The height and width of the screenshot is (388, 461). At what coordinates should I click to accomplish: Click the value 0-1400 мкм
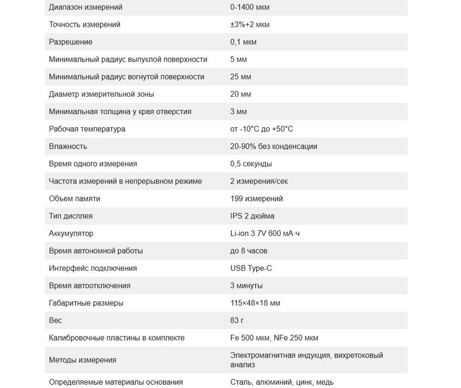coord(249,7)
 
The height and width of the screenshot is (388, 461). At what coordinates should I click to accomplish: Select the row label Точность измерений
coord(84,25)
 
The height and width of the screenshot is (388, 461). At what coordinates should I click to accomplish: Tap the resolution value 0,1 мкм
coord(243,42)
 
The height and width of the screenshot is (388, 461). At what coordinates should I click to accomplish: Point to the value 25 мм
coord(240,77)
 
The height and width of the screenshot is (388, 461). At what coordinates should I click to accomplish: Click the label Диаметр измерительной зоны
coord(101,94)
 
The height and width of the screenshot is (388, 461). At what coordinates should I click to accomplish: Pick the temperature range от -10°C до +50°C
coord(261,129)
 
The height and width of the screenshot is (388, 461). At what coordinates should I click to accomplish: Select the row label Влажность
coord(68,146)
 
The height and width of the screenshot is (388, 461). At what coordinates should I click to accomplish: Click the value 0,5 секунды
coord(251,164)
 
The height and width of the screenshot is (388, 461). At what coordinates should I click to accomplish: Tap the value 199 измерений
coord(256,199)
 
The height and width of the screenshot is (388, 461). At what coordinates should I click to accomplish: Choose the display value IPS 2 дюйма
coord(252,216)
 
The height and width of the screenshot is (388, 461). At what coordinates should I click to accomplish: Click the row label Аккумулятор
coord(71,233)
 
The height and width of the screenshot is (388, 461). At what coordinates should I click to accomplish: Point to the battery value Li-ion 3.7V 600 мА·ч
coord(265,233)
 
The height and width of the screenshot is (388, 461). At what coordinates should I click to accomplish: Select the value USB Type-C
coord(251,268)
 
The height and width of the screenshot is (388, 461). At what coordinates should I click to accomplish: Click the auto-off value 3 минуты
coord(246,285)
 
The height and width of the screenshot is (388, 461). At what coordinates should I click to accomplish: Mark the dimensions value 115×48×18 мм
coord(255,303)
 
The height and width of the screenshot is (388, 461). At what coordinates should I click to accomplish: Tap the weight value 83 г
coord(237,320)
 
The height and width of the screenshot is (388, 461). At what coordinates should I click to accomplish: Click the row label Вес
coord(55,320)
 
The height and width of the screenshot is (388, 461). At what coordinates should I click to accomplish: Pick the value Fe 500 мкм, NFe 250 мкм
coord(274,338)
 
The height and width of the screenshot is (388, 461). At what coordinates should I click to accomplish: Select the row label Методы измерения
coord(83,360)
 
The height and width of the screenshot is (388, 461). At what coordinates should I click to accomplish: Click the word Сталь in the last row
coord(241,382)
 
